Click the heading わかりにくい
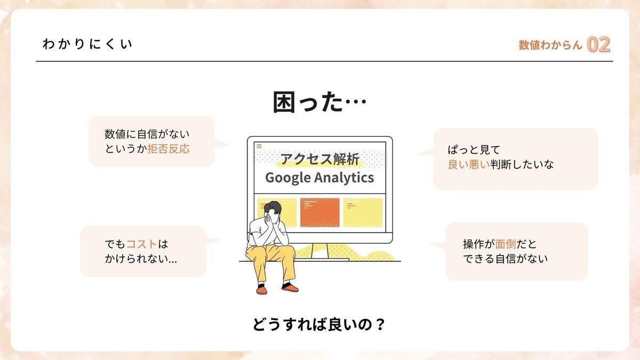coord(87,44)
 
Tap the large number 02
coord(598,45)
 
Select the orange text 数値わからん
coord(550,45)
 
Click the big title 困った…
coord(319,102)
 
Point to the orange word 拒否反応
coord(169,149)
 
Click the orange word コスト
coord(141,244)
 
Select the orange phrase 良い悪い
coord(469,165)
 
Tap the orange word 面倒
coord(505,244)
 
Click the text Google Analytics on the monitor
coord(319,178)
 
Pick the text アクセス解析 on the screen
coord(319,159)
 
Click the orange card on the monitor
coord(319,213)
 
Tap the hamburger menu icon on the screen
coord(259,146)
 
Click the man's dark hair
coord(273,207)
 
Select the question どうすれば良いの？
coord(319,325)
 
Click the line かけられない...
coord(141,259)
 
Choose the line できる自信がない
coord(505,259)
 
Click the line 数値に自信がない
coord(147,134)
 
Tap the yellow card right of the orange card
coord(363,213)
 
